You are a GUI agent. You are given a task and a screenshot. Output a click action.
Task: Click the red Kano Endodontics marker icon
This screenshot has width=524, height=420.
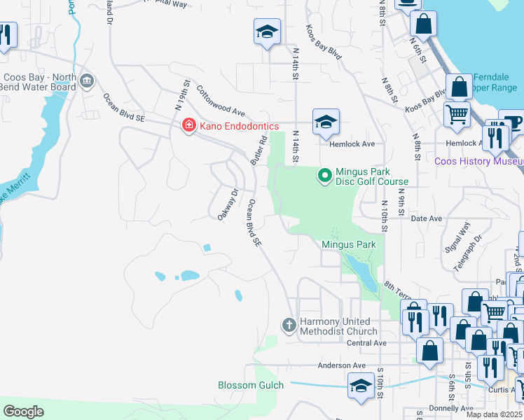point(188,126)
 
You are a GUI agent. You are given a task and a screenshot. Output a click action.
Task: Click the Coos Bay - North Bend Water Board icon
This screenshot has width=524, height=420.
point(87,80)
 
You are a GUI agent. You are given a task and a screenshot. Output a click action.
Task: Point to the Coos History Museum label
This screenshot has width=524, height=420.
point(478,161)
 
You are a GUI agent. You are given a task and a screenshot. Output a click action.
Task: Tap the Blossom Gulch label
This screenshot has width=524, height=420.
point(250,385)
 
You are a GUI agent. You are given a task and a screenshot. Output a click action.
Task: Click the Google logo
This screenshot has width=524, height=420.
point(24,412)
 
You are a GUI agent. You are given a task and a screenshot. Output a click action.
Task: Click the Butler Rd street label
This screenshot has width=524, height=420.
point(258,150)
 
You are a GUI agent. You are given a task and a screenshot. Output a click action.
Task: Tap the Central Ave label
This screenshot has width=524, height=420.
point(367,343)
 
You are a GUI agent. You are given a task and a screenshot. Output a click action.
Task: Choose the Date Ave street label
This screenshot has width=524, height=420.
point(427,218)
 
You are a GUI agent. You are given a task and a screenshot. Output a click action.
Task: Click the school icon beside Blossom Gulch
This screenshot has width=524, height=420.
point(361,385)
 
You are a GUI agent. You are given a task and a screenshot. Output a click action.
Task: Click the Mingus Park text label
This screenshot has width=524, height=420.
point(349,244)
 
